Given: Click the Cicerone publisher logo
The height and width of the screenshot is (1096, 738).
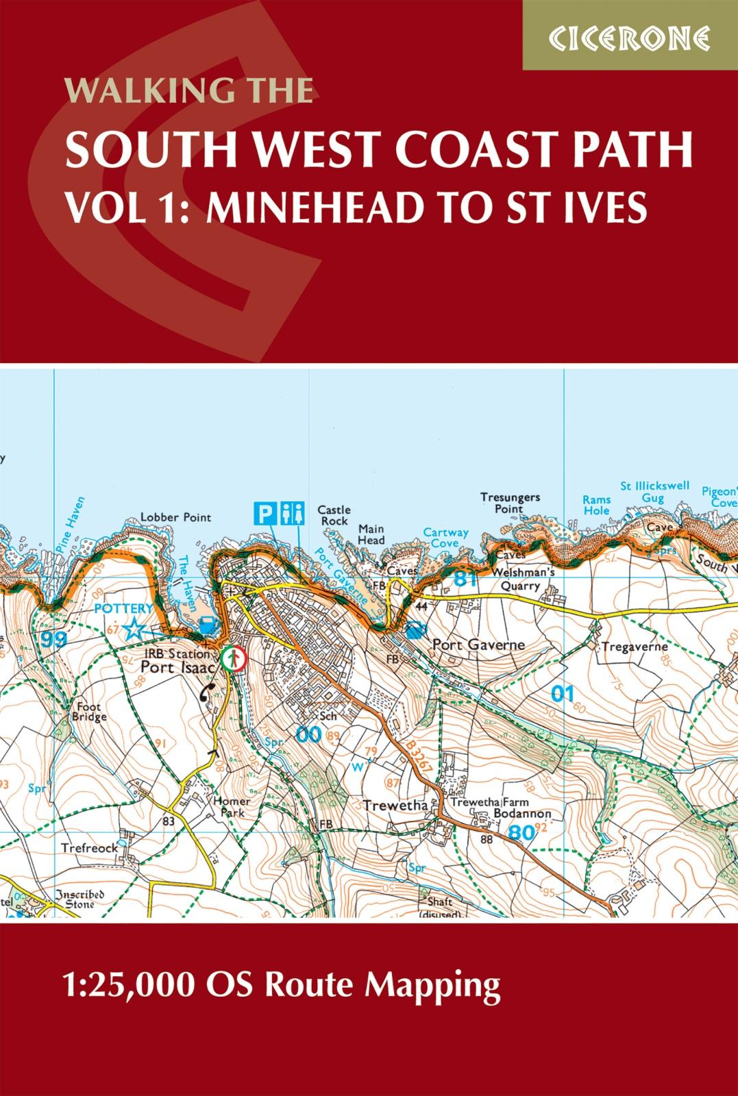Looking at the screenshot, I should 629,36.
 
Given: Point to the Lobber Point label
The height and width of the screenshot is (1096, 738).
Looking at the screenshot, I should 175,518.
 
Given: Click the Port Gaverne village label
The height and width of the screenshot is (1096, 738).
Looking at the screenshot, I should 478,645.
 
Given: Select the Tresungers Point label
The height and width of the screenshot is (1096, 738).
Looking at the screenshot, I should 510,503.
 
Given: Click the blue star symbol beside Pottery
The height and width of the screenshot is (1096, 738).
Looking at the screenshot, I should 135,627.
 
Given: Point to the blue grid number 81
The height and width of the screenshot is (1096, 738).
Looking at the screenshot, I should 465,580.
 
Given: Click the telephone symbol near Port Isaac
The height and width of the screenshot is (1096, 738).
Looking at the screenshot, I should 206,693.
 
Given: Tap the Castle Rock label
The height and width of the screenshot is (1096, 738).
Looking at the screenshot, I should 334,516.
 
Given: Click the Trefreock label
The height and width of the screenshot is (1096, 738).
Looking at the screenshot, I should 89,847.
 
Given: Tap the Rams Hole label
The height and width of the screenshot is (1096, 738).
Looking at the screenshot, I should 595,506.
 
